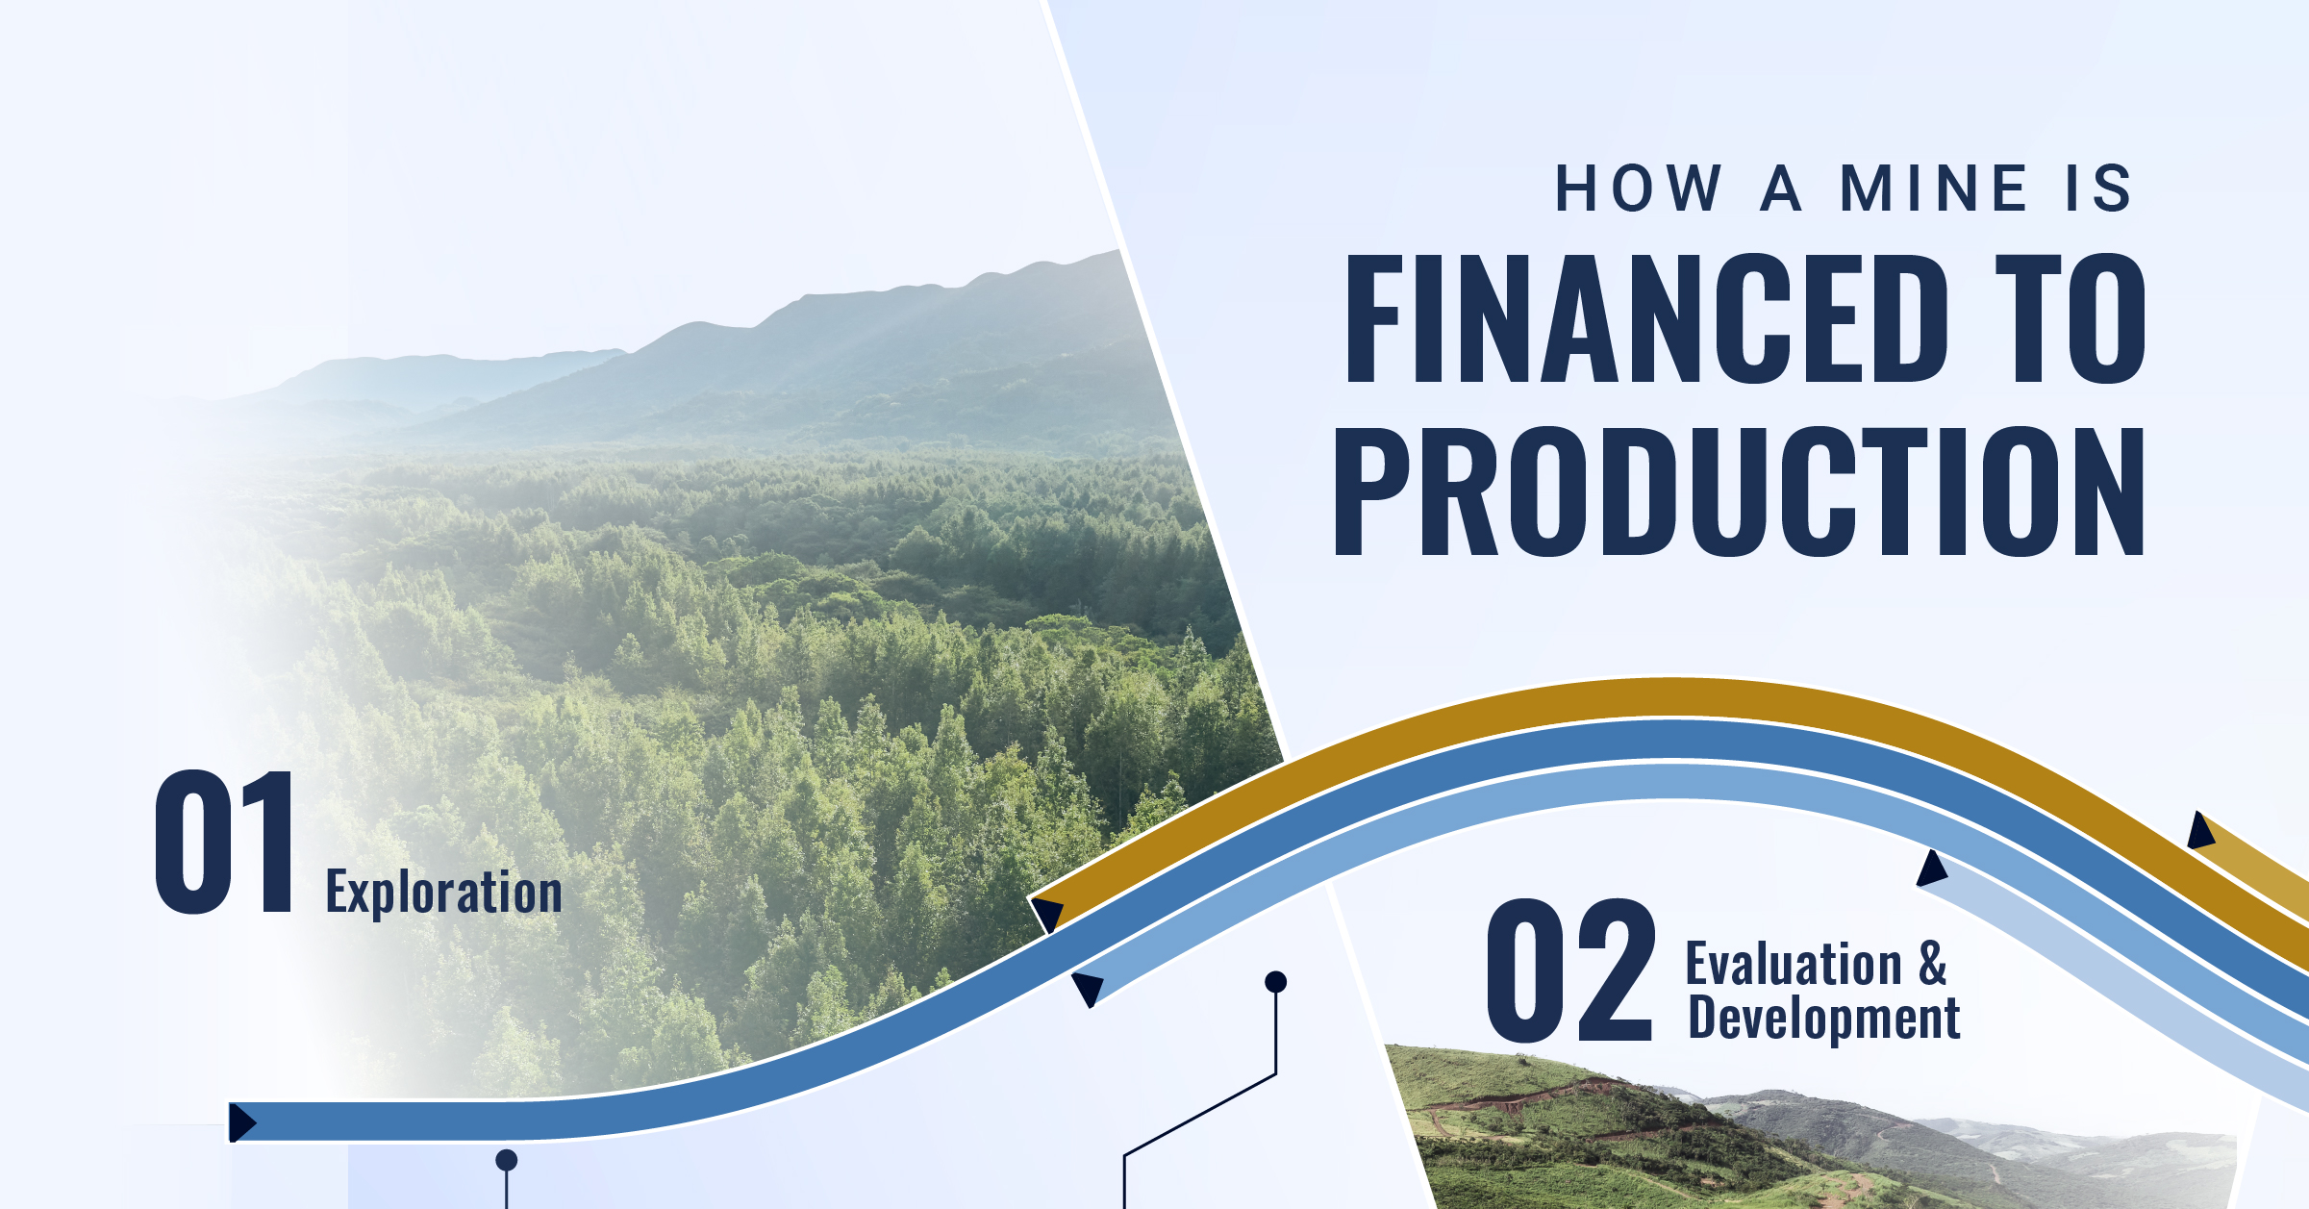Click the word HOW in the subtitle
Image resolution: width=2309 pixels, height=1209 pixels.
tap(1638, 188)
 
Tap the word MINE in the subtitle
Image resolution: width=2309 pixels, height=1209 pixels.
tap(1934, 188)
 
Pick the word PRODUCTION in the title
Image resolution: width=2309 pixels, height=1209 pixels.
tap(1739, 491)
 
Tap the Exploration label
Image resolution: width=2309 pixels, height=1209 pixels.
tap(443, 893)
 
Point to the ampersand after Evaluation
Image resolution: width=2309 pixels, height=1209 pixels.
tap(1933, 964)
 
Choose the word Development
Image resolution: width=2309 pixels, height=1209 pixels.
tap(1824, 1018)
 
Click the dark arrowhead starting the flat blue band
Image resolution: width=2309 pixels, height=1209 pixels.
tap(241, 1121)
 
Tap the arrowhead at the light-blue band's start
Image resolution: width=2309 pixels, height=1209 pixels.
tap(1088, 989)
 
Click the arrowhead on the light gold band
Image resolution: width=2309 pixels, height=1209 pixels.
tap(2200, 831)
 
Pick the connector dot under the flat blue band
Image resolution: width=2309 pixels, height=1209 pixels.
tap(506, 1160)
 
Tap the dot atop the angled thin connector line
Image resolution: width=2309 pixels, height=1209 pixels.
tap(1275, 981)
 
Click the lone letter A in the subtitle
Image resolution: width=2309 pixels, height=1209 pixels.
tap(1781, 188)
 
